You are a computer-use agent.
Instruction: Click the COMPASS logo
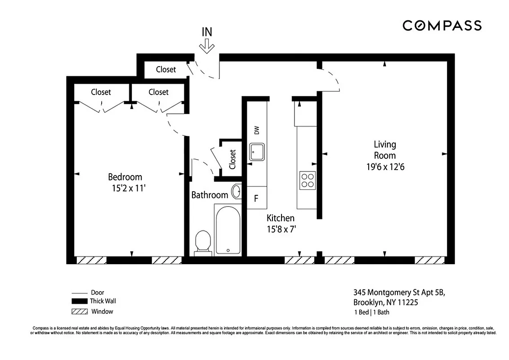[442, 26]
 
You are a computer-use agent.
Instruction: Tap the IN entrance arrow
[207, 45]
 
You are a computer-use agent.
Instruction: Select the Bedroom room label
[125, 177]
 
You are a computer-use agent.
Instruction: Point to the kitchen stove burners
[308, 180]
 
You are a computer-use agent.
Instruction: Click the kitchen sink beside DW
[258, 152]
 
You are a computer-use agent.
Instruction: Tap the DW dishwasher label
[257, 130]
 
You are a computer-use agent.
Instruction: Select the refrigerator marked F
[256, 198]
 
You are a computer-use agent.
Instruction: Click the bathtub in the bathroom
[228, 230]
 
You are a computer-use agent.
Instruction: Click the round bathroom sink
[237, 191]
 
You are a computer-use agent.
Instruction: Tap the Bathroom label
[210, 195]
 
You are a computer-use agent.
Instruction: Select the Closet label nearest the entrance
[166, 69]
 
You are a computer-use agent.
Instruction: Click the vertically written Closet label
[232, 159]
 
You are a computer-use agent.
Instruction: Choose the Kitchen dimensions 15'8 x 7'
[281, 229]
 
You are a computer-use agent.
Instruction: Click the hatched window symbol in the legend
[79, 311]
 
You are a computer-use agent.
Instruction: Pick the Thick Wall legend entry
[103, 301]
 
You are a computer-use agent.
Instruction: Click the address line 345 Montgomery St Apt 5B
[398, 292]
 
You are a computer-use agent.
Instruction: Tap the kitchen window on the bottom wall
[299, 260]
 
